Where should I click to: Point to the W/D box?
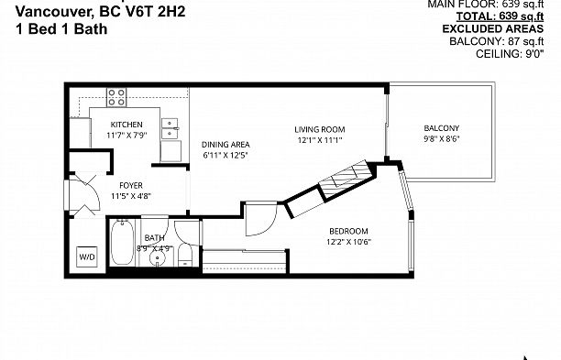click(x=87, y=256)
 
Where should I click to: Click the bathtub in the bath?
click(x=120, y=243)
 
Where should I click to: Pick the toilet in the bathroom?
click(x=184, y=253)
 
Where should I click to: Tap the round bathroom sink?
click(x=158, y=257)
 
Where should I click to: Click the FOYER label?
click(x=118, y=185)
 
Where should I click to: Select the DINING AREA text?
click(x=225, y=144)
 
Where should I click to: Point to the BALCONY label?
click(x=441, y=127)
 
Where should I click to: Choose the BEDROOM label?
click(x=348, y=230)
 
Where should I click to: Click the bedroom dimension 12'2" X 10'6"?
click(x=348, y=241)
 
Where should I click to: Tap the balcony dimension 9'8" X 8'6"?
click(x=441, y=139)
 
